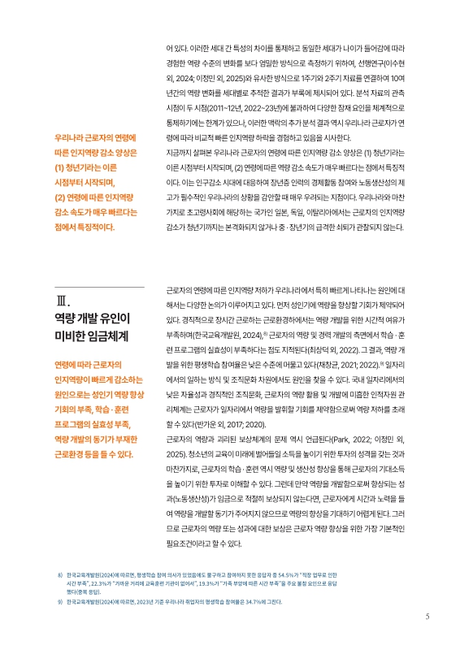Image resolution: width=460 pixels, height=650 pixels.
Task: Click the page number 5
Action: pyautogui.click(x=427, y=615)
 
